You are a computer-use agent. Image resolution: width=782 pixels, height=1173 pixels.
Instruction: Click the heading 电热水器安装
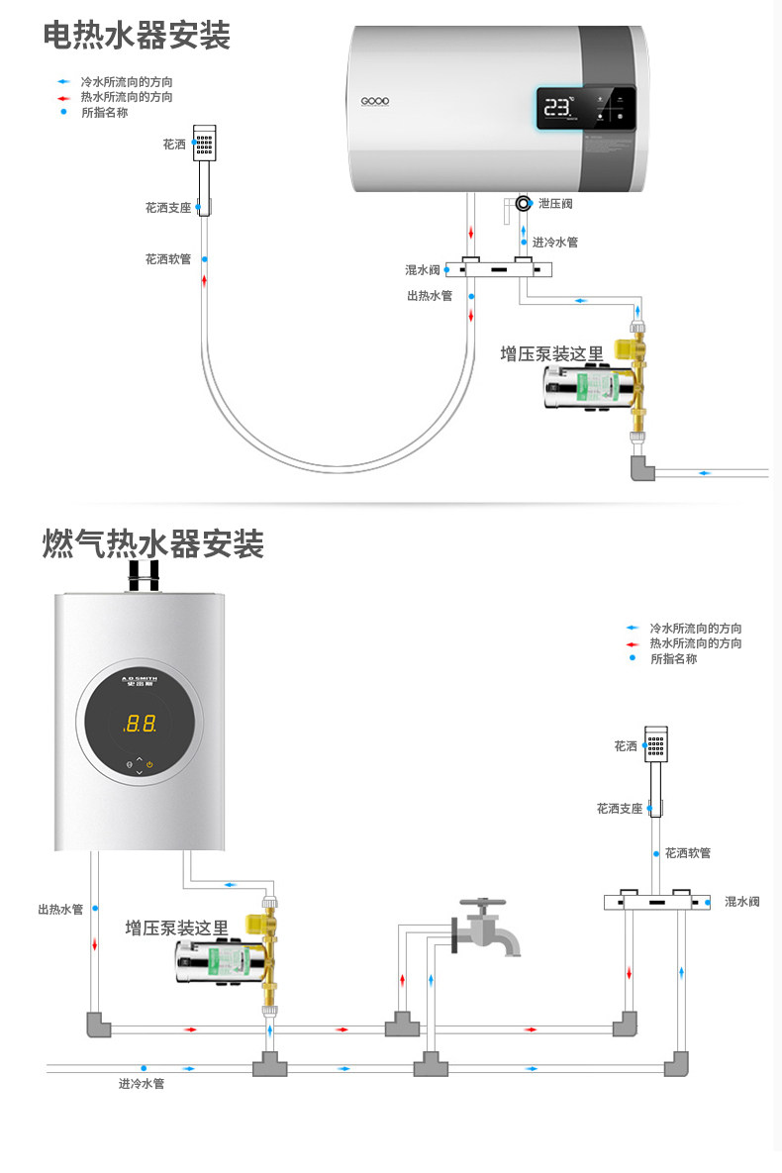coord(137,37)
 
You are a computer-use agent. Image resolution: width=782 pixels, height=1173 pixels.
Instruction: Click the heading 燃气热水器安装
coord(152,543)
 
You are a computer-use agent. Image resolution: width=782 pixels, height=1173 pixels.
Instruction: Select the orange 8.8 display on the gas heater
coord(140,724)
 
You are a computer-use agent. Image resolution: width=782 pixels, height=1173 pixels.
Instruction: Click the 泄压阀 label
coord(554,204)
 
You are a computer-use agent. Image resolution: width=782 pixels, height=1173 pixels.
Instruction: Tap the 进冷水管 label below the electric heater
coord(554,243)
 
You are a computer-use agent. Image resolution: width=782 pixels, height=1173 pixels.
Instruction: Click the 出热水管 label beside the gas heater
coord(61,909)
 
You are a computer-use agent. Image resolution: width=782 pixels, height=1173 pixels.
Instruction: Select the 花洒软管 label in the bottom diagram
coord(687,852)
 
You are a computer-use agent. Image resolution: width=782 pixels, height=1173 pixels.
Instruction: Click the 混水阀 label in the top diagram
coord(422,269)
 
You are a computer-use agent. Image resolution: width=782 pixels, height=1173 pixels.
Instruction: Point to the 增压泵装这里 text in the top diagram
coord(551,354)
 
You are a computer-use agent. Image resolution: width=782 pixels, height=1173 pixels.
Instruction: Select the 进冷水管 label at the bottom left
coord(142,1084)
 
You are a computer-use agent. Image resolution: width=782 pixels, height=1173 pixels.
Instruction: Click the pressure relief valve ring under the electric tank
coord(523,203)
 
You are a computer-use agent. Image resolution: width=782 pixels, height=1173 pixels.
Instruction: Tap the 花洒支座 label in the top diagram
coord(167,208)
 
